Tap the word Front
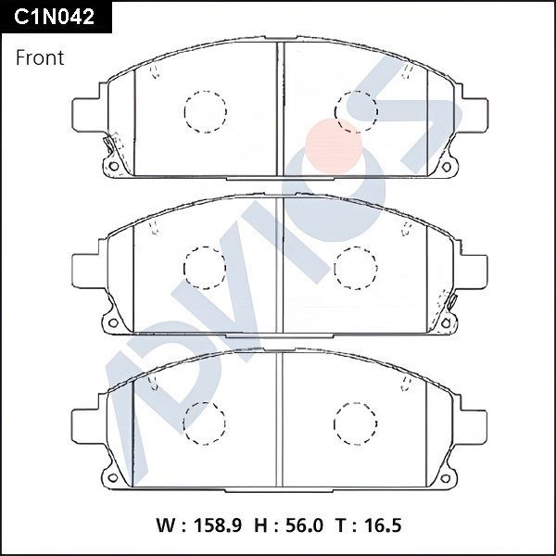(40, 57)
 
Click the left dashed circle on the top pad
(205, 110)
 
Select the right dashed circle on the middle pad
(355, 267)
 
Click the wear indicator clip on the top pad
(110, 146)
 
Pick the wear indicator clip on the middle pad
(451, 302)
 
